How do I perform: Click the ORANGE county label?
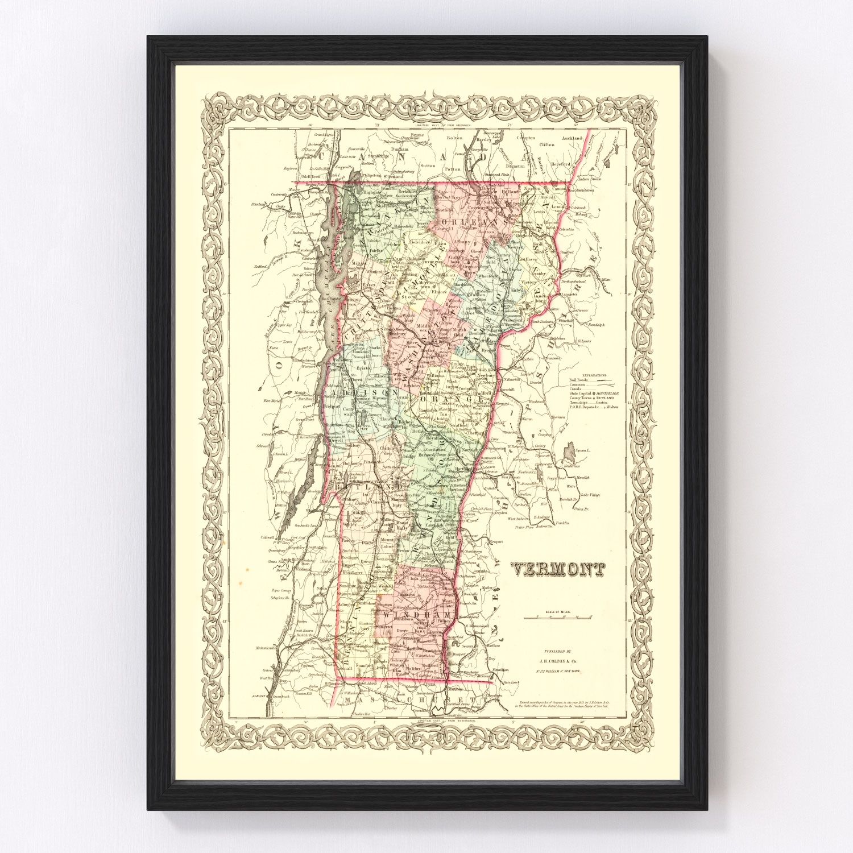tap(455, 400)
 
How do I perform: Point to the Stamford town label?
tap(363, 665)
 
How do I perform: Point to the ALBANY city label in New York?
tap(258, 695)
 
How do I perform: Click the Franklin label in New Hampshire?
tap(562, 522)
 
